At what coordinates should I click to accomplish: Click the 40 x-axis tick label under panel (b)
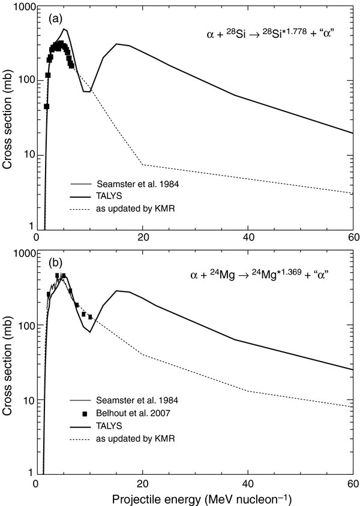tap(247, 483)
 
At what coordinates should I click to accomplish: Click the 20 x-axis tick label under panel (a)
tap(142, 239)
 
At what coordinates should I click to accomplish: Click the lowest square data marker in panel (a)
tap(46, 106)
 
